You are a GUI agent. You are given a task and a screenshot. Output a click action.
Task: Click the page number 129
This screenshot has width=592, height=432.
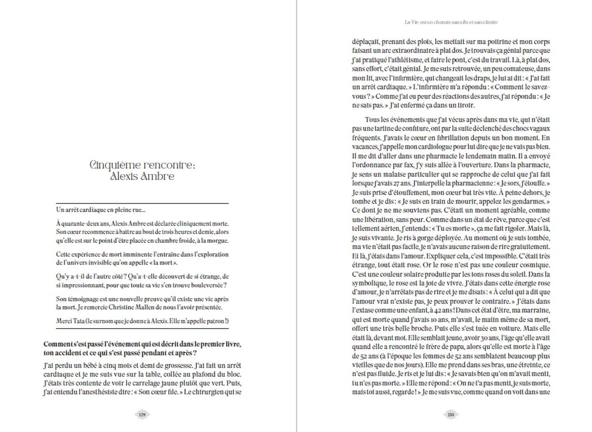point(142,414)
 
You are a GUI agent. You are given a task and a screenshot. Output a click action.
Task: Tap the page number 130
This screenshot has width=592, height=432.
point(451,414)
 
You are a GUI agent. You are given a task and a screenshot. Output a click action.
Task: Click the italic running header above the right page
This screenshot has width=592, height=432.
point(451,22)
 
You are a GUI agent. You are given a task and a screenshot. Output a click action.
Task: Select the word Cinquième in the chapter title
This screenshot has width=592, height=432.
point(115,165)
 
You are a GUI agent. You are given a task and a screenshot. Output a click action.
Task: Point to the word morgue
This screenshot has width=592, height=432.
point(217,240)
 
